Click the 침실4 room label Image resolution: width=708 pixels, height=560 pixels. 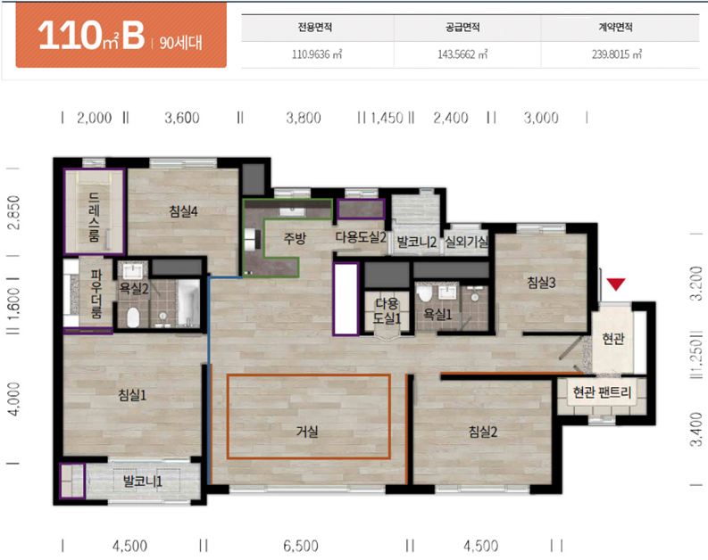tap(183, 211)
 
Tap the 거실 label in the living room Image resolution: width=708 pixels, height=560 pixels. tap(307, 432)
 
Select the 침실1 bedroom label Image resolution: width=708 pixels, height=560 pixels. tap(132, 395)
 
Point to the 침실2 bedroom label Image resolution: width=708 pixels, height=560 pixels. tap(483, 432)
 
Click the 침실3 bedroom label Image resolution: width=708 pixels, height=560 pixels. tap(541, 283)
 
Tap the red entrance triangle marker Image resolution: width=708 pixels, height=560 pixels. tap(616, 284)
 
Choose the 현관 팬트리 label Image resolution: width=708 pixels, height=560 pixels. tap(602, 392)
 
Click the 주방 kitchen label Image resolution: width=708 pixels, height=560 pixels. tap(295, 238)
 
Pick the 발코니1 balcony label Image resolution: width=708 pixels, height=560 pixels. tap(143, 482)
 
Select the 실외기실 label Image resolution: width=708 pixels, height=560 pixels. tap(466, 243)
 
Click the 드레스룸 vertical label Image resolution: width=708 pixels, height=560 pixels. tap(94, 217)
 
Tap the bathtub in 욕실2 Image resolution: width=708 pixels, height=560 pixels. tap(188, 301)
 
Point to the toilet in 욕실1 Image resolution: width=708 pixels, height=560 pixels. tap(424, 293)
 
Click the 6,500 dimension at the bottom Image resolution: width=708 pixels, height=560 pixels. tap(301, 546)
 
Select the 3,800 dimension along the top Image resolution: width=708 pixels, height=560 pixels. tap(304, 118)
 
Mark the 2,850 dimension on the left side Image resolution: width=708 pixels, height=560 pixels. tap(14, 212)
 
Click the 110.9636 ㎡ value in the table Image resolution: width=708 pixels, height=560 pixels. tap(317, 54)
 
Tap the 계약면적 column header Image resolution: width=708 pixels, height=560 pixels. tap(615, 28)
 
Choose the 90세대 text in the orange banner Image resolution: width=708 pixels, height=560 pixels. tap(180, 43)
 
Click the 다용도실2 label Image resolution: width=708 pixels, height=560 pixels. tap(361, 237)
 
